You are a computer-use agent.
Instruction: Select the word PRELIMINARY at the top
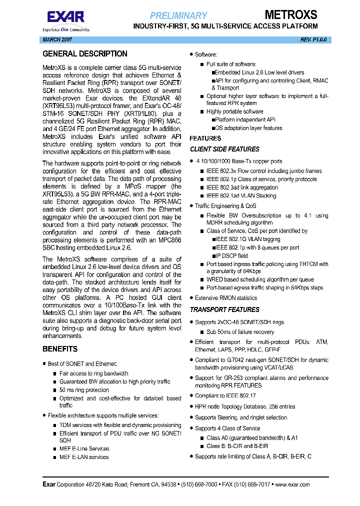(x=178, y=15)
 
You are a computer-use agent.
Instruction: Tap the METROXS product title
(x=290, y=14)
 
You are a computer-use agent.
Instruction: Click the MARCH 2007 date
(x=56, y=39)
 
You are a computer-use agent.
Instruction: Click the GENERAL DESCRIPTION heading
(x=85, y=53)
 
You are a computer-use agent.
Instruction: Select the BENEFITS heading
(x=60, y=349)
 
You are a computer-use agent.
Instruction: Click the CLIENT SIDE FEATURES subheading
(x=224, y=149)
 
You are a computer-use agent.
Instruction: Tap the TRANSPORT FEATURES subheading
(x=224, y=309)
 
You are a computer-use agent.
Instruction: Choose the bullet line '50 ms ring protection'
(x=84, y=390)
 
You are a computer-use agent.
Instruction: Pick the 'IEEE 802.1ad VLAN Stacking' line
(x=241, y=195)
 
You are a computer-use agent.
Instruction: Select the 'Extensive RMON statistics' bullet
(x=226, y=297)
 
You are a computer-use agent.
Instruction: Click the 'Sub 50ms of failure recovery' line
(x=240, y=331)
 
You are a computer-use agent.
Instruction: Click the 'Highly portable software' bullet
(x=234, y=111)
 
